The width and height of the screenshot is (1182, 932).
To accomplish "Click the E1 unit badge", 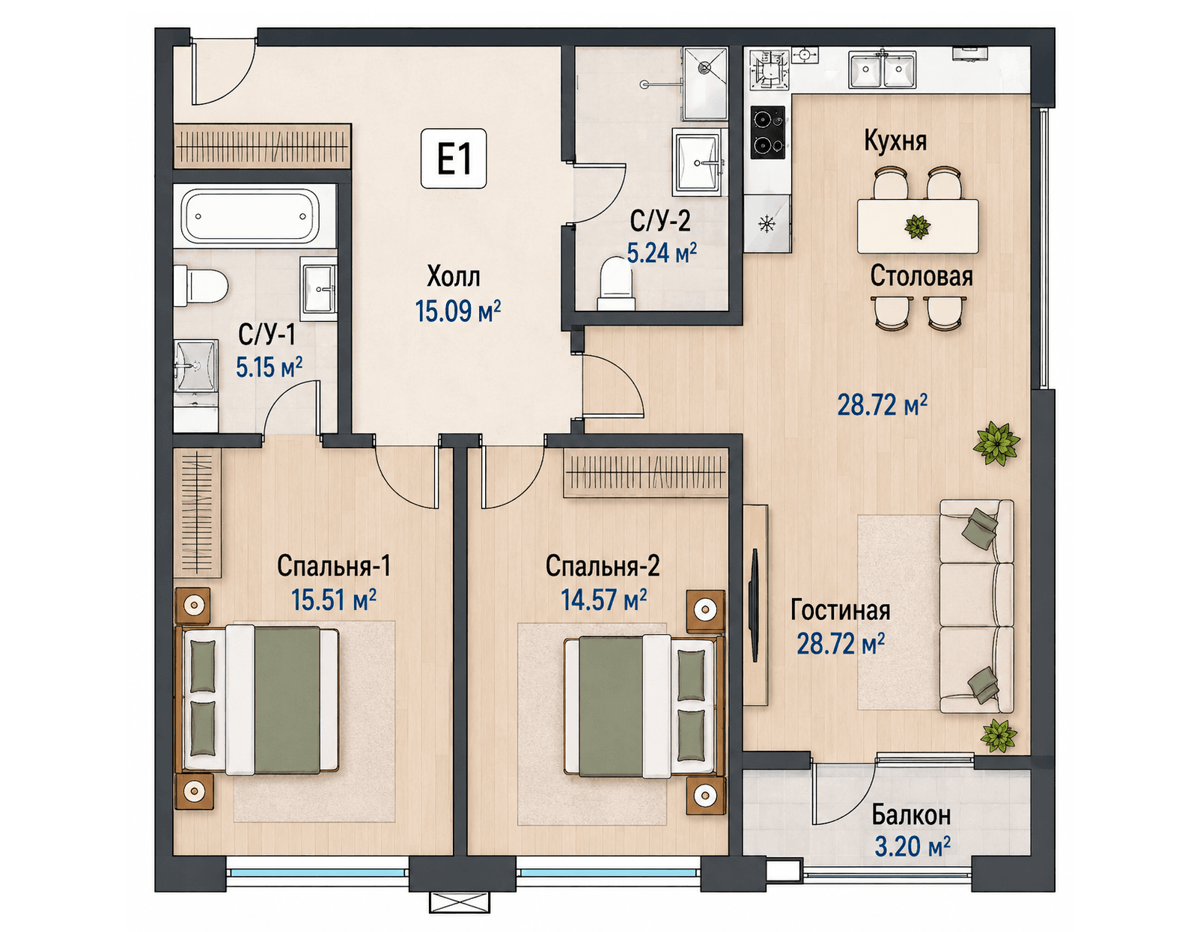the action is pyautogui.click(x=454, y=159).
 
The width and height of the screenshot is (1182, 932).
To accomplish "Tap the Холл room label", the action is pyautogui.click(x=454, y=277).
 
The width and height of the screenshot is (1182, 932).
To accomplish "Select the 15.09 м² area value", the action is pyautogui.click(x=458, y=311).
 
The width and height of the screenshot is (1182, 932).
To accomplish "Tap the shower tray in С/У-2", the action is pyautogui.click(x=705, y=84).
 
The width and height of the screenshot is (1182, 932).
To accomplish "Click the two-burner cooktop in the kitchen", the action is pyautogui.click(x=768, y=133).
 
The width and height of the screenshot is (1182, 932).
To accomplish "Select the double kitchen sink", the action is pyautogui.click(x=882, y=70).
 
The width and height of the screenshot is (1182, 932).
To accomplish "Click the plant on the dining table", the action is pyautogui.click(x=917, y=226).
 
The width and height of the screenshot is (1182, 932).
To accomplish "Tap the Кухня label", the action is pyautogui.click(x=895, y=141).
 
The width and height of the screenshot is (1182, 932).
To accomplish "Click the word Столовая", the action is pyautogui.click(x=921, y=276).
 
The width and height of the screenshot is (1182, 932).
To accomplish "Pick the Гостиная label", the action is pyautogui.click(x=841, y=611).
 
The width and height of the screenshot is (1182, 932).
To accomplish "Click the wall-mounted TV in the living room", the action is pyautogui.click(x=755, y=605).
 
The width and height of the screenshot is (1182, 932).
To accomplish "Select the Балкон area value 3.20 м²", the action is pyautogui.click(x=913, y=847).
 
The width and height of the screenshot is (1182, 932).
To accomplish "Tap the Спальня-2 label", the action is pyautogui.click(x=603, y=566).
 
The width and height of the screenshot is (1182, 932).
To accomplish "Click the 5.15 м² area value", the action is pyautogui.click(x=269, y=367).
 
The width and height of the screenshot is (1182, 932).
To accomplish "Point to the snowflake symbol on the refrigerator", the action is pyautogui.click(x=767, y=224).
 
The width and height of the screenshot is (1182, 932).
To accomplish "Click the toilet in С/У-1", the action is pyautogui.click(x=201, y=285).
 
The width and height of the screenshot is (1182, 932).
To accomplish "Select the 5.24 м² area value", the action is pyautogui.click(x=662, y=253).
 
